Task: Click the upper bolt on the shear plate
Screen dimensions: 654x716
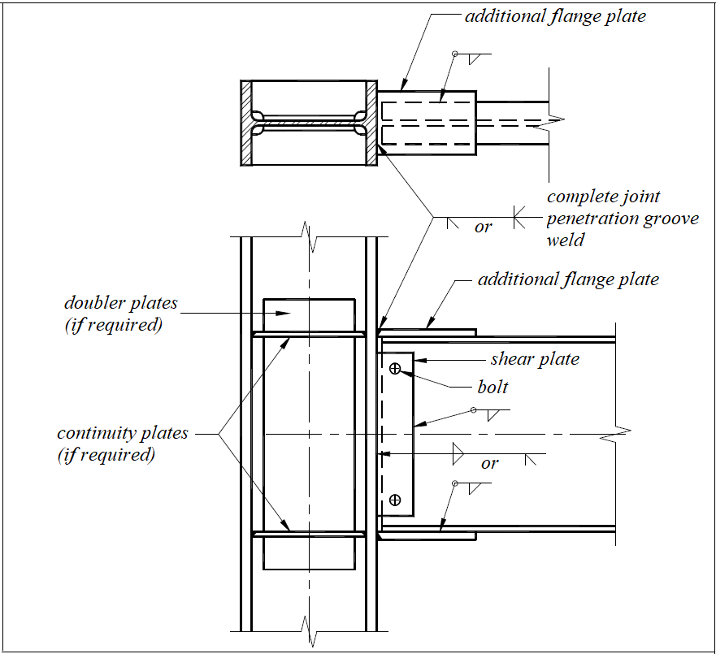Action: (395, 368)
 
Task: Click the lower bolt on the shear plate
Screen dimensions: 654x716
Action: (395, 500)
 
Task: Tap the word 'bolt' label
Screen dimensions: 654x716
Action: (493, 387)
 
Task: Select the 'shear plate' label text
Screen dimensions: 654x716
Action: (535, 359)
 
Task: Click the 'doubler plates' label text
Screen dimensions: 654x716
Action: (120, 303)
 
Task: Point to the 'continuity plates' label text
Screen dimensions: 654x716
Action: (122, 433)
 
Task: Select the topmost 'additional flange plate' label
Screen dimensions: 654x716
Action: (555, 16)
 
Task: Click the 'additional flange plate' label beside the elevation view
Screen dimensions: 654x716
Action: (568, 279)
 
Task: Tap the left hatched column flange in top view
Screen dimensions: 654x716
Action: (245, 123)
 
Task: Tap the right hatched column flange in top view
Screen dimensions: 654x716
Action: (372, 123)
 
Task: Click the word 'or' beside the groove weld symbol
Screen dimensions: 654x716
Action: (483, 227)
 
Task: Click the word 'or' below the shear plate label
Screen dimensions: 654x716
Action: (489, 464)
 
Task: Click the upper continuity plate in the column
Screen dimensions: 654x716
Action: (308, 333)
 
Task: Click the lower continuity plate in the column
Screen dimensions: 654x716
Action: (308, 534)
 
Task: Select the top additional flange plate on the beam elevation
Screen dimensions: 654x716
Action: (427, 331)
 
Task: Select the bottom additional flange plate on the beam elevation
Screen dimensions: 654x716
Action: (427, 536)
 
